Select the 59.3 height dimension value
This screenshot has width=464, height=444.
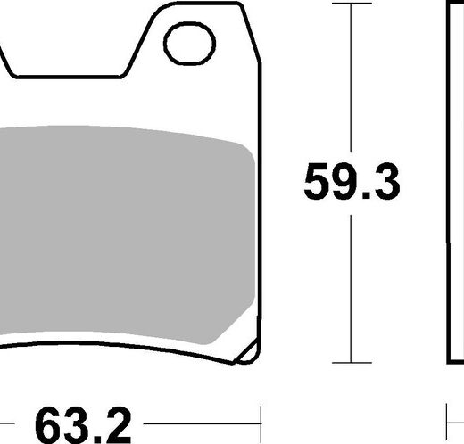pyautogui.click(x=352, y=181)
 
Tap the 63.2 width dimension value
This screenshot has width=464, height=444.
pyautogui.click(x=83, y=425)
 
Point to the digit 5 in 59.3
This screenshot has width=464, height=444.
pyautogui.click(x=316, y=181)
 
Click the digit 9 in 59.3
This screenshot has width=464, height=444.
pyautogui.click(x=344, y=181)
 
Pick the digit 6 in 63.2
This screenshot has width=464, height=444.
pyautogui.click(x=48, y=425)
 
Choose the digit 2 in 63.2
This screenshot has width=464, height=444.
pyautogui.click(x=119, y=425)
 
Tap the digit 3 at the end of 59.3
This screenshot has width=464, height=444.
pyautogui.click(x=387, y=181)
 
